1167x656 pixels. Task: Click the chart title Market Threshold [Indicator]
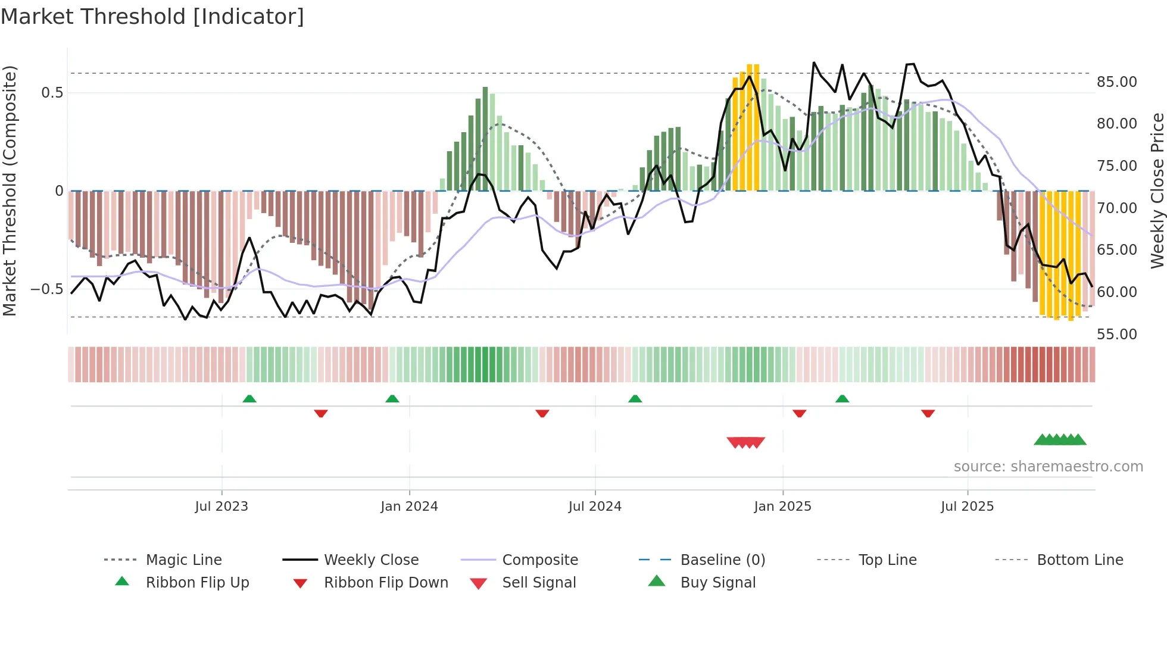click(152, 17)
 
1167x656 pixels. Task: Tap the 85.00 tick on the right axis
click(1116, 82)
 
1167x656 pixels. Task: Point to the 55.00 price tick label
click(1116, 334)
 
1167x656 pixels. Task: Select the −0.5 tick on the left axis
click(46, 289)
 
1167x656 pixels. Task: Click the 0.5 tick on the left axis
click(52, 92)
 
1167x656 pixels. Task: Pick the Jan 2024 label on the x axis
click(409, 507)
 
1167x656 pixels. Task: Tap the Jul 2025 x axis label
click(967, 507)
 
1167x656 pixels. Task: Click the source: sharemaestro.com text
click(1048, 467)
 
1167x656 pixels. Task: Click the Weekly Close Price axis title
click(1157, 190)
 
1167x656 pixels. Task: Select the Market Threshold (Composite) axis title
click(10, 190)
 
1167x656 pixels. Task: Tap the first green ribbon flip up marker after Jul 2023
click(249, 399)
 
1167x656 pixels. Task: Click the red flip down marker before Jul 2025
click(928, 413)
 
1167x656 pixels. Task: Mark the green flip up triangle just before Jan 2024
click(392, 399)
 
